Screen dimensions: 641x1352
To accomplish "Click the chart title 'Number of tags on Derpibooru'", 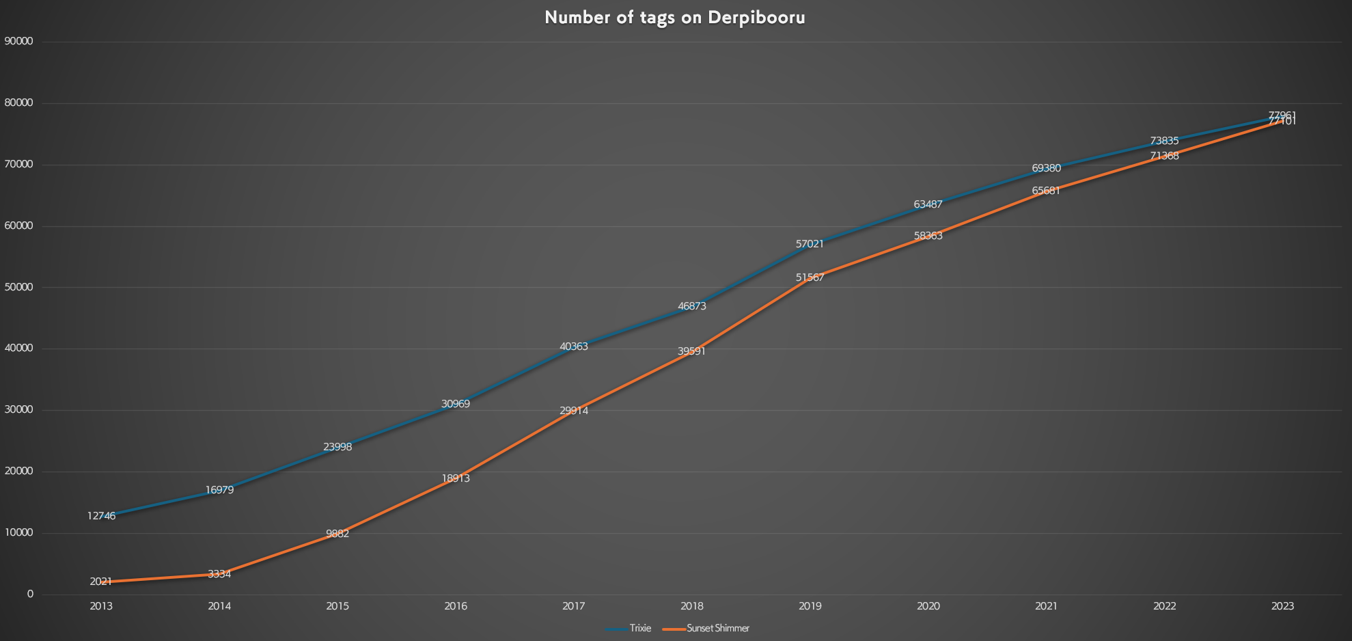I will coord(675,18).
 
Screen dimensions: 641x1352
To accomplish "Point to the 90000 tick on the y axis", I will coord(18,41).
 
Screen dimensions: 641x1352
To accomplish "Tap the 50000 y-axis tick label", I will coord(18,287).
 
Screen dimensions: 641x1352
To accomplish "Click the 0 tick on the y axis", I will coord(30,594).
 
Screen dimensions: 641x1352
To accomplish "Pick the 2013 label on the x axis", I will coord(101,606).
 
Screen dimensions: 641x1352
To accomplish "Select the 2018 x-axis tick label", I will coord(692,606).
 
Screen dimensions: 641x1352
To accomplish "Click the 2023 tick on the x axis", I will coord(1282,606).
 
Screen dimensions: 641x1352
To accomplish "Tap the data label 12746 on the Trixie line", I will coord(101,516).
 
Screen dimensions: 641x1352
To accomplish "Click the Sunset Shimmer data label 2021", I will coord(101,582).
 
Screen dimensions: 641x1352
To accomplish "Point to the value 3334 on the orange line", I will coord(219,574).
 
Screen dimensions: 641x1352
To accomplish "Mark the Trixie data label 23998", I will coord(337,447).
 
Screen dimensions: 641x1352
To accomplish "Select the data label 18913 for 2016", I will coord(456,478).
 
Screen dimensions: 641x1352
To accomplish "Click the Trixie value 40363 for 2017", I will coord(574,346).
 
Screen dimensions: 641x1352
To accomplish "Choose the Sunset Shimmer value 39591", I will coord(692,351).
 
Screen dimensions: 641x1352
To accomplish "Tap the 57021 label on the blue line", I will coord(810,244).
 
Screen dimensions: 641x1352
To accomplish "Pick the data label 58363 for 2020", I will coord(928,236).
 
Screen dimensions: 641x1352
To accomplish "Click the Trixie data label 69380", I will coord(1047,168).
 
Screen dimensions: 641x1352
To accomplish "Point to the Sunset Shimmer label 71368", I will coord(1165,156).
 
